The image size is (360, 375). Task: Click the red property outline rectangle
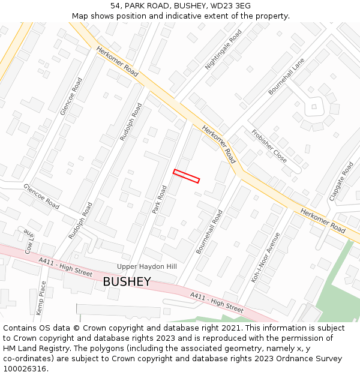coord(186,176)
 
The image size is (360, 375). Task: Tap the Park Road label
coord(159,199)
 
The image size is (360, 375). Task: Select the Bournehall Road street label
coord(209,231)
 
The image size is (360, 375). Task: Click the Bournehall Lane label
coord(286,76)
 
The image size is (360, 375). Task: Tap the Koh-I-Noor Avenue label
coord(266,257)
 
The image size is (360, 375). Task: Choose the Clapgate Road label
coord(341,179)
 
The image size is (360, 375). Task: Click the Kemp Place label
coord(41,299)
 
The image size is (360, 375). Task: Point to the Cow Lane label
coord(29,239)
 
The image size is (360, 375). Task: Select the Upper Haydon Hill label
coord(147,266)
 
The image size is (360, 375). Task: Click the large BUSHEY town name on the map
coord(126,281)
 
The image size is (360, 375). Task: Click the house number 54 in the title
coord(115,6)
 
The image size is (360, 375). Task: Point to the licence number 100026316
coord(25,368)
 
